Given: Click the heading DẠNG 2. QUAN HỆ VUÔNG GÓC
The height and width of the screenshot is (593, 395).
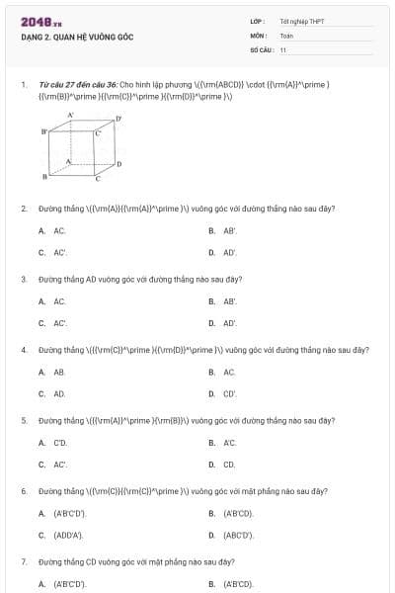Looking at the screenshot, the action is point(76,38).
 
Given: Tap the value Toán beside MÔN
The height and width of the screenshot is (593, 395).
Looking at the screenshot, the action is point(286,36).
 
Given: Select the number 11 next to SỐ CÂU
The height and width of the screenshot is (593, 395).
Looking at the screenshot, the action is point(283,49).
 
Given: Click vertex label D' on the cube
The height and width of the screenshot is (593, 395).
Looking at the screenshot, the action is point(118,120).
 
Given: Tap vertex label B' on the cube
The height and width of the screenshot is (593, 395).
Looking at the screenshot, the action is point(43,131).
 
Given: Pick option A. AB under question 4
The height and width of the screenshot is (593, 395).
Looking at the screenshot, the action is point(52,372).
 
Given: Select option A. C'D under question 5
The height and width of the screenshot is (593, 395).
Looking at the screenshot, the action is point(53,443).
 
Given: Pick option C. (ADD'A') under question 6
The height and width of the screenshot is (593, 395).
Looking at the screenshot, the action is point(61,535).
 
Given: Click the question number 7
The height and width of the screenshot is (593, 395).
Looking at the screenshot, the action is point(23,561).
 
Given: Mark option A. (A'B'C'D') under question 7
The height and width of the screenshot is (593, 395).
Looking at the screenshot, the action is point(62,584).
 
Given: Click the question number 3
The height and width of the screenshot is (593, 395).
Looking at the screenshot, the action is point(23,279).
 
